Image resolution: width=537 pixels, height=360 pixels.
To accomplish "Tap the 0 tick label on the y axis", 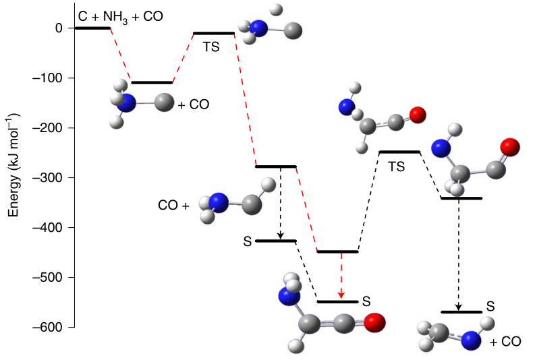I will tap(59, 28).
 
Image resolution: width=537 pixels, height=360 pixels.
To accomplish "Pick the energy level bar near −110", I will tap(152, 82).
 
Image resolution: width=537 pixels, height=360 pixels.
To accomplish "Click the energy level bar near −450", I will tap(337, 251).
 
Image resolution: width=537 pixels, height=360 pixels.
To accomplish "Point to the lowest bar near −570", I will tap(461, 312).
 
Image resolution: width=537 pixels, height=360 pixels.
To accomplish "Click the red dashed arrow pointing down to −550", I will tap(341, 276).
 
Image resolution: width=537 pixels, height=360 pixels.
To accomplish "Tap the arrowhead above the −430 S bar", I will tap(279, 236).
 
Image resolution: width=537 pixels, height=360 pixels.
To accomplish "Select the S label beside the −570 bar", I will tap(490, 306).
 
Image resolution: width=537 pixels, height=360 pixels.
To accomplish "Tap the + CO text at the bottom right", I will tap(505, 342).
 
